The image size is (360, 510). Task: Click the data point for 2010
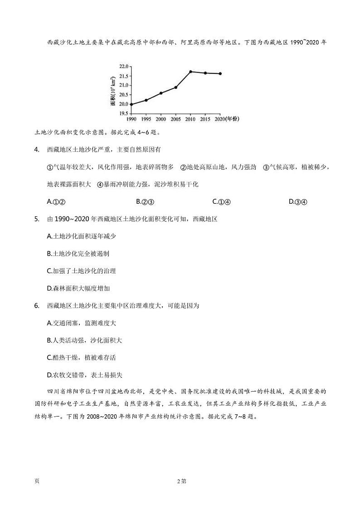point(190,72)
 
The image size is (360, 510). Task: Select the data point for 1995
point(146,100)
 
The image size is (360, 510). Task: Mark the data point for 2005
point(175,87)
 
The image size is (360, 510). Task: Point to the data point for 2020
point(220,74)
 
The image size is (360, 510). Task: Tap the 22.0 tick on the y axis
point(123,67)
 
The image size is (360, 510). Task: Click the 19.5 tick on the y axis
point(123,113)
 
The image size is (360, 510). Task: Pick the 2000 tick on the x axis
point(161,119)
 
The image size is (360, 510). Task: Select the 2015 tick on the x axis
point(205,119)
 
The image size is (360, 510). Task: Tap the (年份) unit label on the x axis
point(232,119)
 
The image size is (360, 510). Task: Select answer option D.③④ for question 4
point(298,202)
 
